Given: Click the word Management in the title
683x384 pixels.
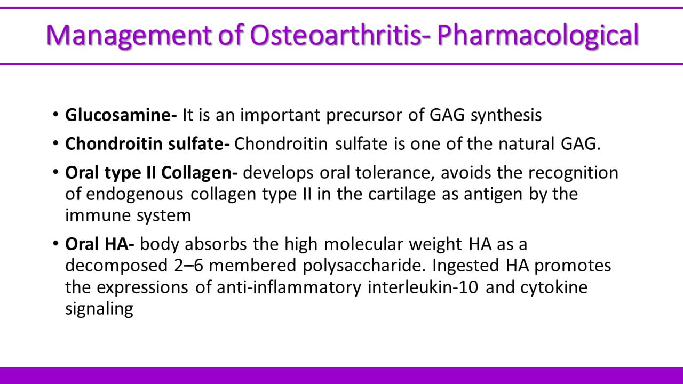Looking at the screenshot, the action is pyautogui.click(x=129, y=35).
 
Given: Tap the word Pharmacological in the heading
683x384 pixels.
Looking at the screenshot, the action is pyautogui.click(x=538, y=36).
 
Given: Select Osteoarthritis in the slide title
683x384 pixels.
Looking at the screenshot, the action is pyautogui.click(x=336, y=35).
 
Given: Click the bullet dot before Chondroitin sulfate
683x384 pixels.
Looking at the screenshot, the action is pyautogui.click(x=55, y=143).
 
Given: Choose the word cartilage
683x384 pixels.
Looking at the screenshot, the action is pyautogui.click(x=402, y=195).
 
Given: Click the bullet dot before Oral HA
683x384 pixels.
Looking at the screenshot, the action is pyautogui.click(x=55, y=244).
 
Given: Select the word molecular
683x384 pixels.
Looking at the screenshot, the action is pyautogui.click(x=363, y=244).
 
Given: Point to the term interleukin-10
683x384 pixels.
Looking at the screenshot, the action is pyautogui.click(x=423, y=287).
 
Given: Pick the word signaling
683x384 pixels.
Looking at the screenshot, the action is pyautogui.click(x=99, y=309).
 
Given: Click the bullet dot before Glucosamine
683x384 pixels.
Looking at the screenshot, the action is pyautogui.click(x=55, y=114).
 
